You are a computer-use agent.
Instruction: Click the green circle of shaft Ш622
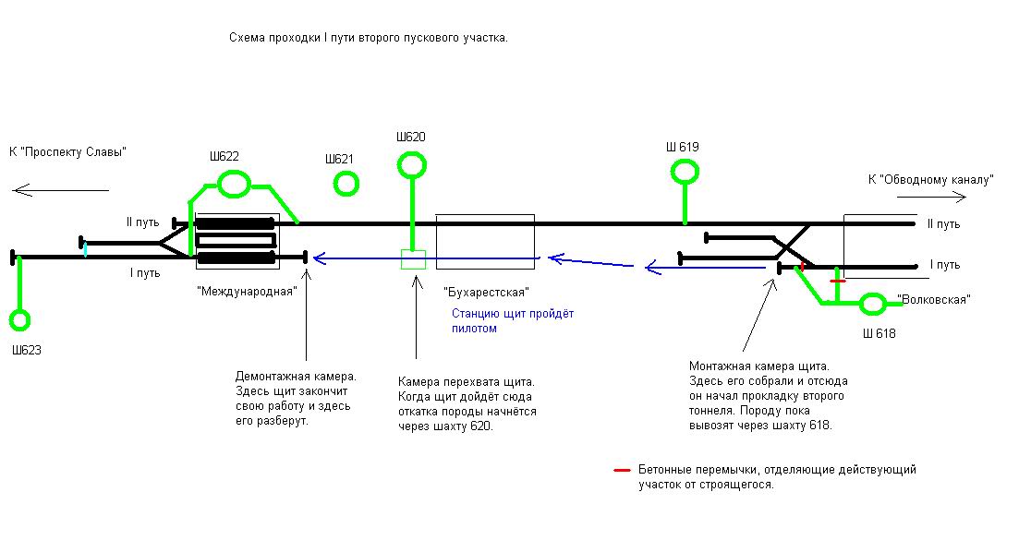(x=234, y=184)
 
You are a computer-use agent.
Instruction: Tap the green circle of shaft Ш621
(x=346, y=184)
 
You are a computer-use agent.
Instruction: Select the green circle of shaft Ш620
(x=411, y=165)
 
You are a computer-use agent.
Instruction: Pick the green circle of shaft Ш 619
(x=685, y=171)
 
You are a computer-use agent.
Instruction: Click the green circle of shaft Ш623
(x=19, y=320)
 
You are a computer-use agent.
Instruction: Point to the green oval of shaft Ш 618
(x=872, y=303)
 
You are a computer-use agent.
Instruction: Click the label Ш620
(x=411, y=138)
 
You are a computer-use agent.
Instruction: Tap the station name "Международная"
(x=247, y=291)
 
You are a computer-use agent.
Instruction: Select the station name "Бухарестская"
(x=486, y=293)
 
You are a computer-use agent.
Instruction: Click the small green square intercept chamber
(x=413, y=259)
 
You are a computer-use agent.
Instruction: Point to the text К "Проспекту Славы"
(x=67, y=151)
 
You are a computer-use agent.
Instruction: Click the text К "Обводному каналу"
(x=929, y=180)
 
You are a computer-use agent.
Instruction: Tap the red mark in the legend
(x=622, y=470)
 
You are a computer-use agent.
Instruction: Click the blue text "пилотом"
(x=474, y=329)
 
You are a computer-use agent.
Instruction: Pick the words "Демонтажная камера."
(x=296, y=378)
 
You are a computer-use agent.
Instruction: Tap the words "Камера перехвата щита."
(x=467, y=381)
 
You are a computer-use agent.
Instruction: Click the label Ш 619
(x=683, y=147)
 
